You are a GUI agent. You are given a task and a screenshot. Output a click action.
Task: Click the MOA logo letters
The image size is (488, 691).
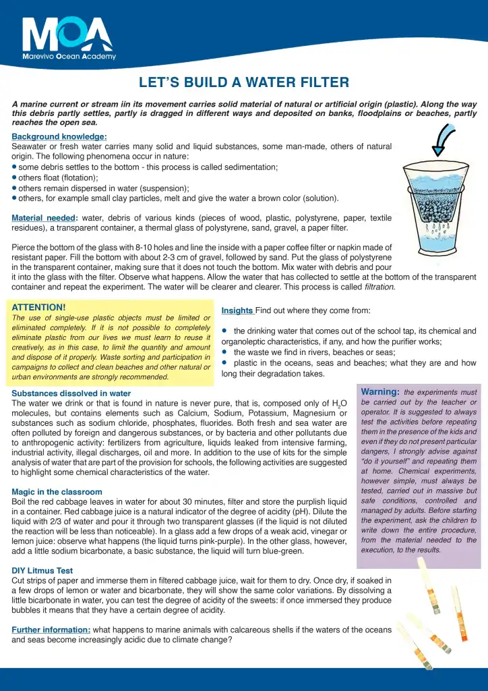point(67,34)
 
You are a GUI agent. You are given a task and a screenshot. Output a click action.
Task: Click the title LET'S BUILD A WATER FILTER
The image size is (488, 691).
point(244,83)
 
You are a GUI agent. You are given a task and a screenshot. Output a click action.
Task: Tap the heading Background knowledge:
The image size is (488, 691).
point(59,137)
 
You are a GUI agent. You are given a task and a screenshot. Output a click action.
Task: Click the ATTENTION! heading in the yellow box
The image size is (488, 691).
point(39,307)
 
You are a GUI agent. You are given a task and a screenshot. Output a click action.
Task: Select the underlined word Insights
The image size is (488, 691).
point(237,310)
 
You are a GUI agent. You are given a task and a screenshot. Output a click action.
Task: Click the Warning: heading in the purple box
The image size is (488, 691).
point(380,391)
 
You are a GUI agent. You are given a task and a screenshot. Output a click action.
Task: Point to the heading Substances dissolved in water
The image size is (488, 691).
point(71,393)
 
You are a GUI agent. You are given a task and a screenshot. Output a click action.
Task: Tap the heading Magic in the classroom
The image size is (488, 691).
point(57,492)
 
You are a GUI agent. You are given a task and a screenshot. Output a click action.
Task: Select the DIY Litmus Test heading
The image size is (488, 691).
point(42,570)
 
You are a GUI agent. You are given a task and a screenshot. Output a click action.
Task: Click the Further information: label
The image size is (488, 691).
point(51,630)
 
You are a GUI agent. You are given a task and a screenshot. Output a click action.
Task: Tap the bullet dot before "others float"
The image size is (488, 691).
point(14,177)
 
